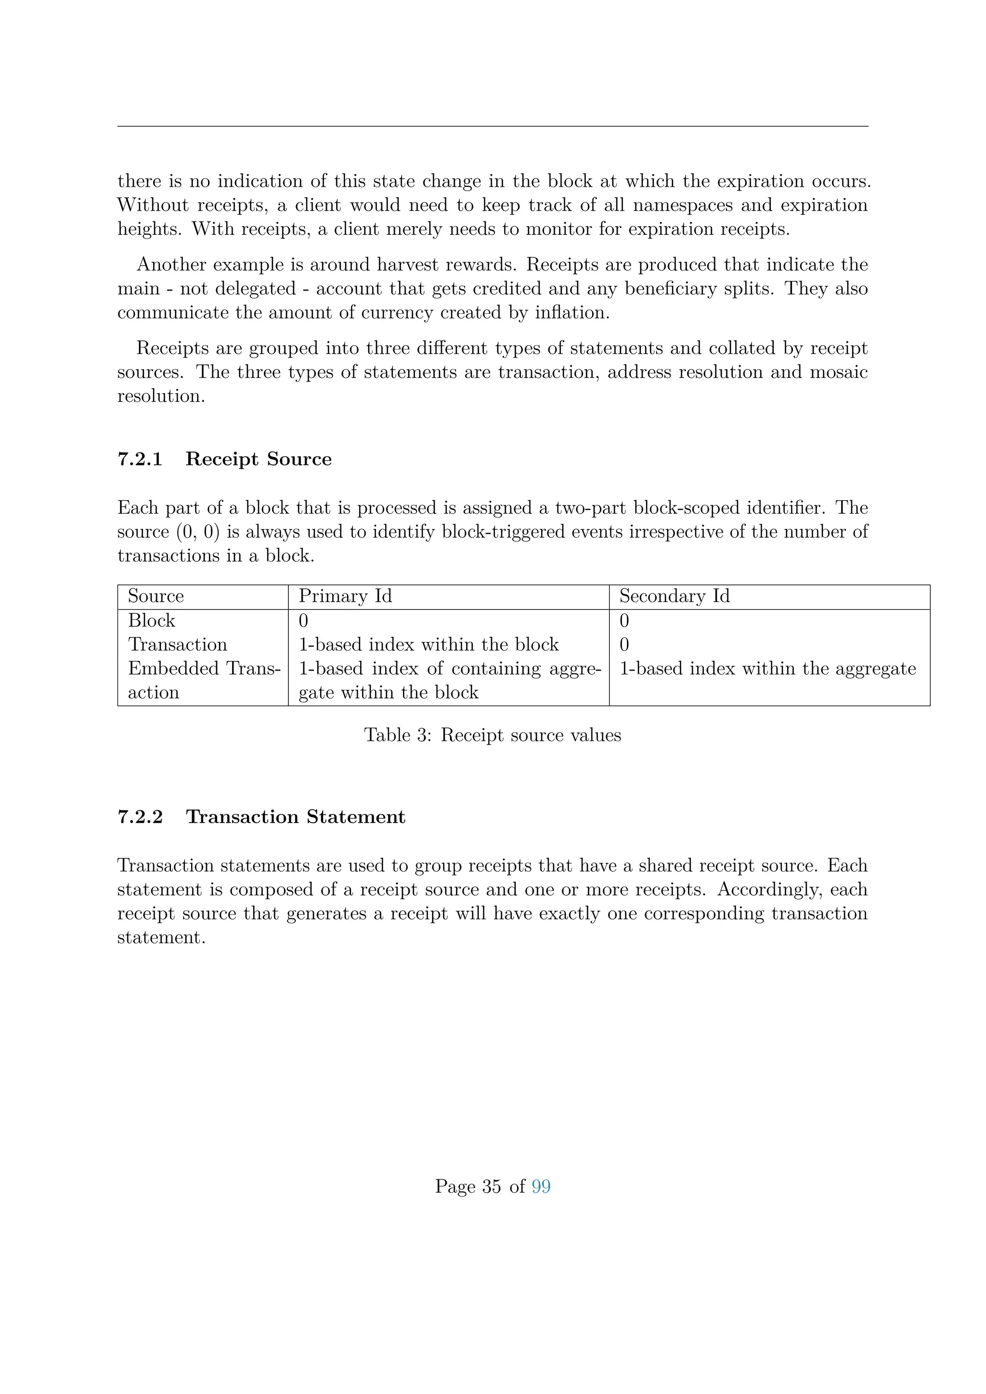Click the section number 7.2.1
pos(140,459)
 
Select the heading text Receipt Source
pos(259,459)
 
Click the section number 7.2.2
pos(140,816)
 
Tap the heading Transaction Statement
pos(295,816)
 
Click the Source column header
pos(156,596)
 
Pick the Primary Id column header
pos(345,596)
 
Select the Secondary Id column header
pos(674,596)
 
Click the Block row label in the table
pos(151,620)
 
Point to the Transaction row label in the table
pos(177,644)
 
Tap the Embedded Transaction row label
pos(204,680)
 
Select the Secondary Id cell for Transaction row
pos(624,644)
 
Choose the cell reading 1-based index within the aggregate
pos(767,669)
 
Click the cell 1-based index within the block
pos(428,644)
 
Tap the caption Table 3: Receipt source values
pos(493,735)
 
